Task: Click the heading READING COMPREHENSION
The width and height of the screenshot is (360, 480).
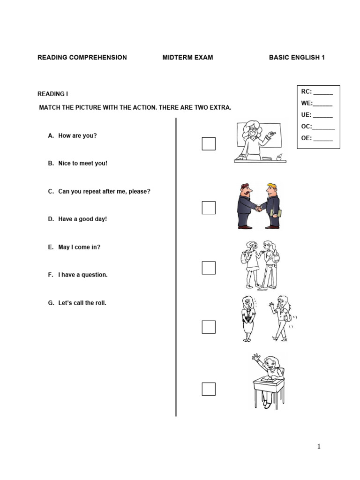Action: [82, 58]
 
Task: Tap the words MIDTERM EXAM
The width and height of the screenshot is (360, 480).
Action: [187, 58]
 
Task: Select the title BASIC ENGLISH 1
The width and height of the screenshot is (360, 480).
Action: [297, 58]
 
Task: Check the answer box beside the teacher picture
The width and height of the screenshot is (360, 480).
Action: [209, 144]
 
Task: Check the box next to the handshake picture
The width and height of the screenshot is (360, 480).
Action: [209, 208]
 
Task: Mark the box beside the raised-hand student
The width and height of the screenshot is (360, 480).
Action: [209, 389]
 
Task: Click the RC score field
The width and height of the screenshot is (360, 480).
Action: [322, 92]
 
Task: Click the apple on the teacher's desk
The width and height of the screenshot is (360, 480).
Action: [279, 157]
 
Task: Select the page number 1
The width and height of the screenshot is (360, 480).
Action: [319, 447]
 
